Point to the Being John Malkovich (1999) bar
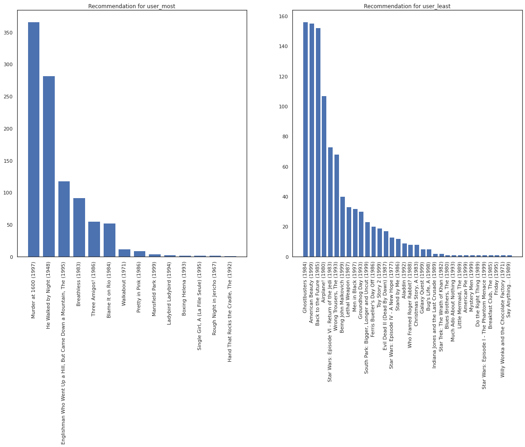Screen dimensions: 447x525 click(343, 227)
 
